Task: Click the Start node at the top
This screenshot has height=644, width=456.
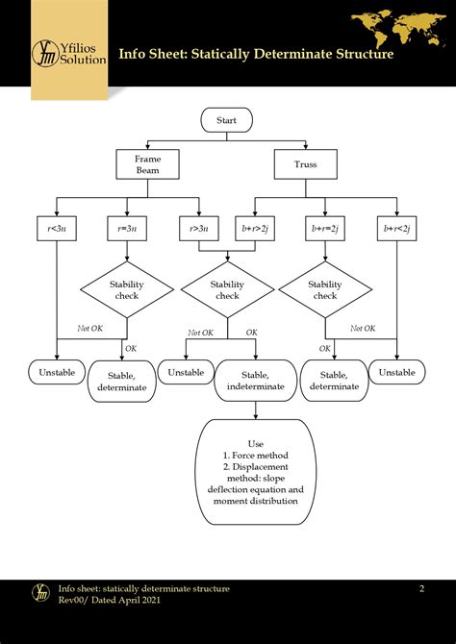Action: [227, 121]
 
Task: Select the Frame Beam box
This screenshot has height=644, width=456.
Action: [147, 163]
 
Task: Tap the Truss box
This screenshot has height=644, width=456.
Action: [305, 163]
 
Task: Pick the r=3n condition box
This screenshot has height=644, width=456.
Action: [127, 230]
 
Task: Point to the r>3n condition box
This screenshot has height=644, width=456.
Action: [198, 230]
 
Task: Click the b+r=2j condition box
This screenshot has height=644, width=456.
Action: [325, 230]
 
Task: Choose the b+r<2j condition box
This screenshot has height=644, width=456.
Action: [396, 230]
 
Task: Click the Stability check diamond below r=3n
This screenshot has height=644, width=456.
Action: [127, 289]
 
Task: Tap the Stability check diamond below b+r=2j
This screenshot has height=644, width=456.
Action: [325, 289]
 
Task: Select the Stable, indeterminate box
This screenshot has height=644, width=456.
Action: [255, 381]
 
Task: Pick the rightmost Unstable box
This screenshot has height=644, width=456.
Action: [396, 372]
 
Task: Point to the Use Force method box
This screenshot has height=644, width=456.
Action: [255, 472]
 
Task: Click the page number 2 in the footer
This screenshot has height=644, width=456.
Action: [420, 587]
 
